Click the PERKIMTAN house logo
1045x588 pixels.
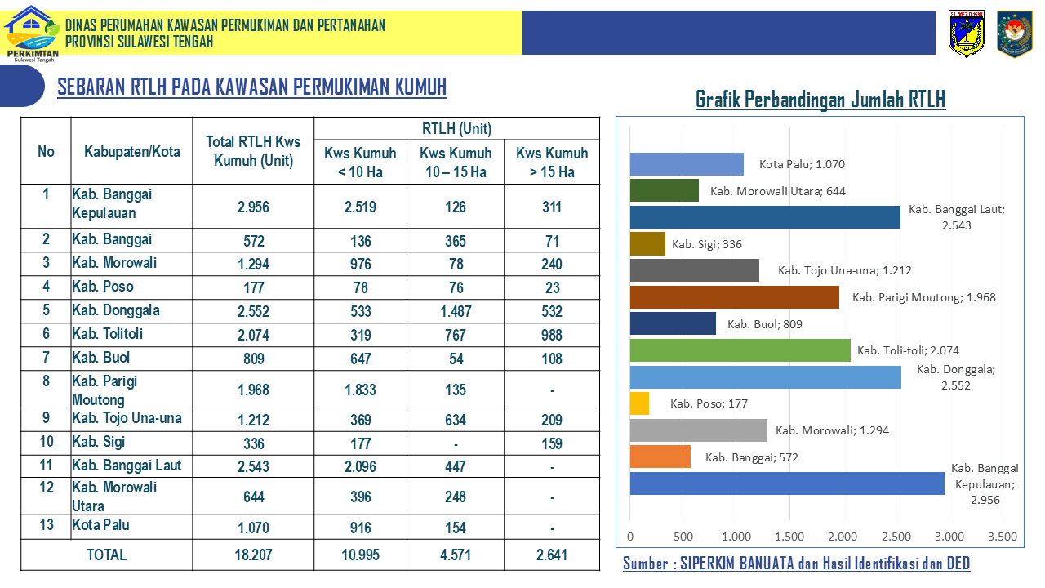(32, 33)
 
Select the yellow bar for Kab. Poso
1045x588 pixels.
(639, 403)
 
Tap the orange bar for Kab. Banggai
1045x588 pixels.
(660, 457)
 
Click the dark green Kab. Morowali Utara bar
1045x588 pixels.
(665, 190)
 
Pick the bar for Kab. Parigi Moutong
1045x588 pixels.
(734, 296)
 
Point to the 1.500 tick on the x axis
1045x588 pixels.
(789, 537)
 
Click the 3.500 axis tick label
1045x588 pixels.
(1002, 537)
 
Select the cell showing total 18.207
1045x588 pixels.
(253, 555)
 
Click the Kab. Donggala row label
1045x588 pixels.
(116, 310)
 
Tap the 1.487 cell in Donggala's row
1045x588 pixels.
(456, 311)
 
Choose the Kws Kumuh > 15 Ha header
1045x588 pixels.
(552, 163)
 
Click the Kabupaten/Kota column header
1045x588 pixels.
(132, 152)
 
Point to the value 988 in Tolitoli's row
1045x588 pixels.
(552, 335)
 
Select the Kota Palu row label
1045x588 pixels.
(100, 525)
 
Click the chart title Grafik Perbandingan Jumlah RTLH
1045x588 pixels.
(820, 99)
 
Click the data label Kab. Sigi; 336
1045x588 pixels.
(707, 244)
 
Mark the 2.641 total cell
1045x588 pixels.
(552, 555)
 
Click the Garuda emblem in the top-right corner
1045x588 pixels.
(1014, 33)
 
